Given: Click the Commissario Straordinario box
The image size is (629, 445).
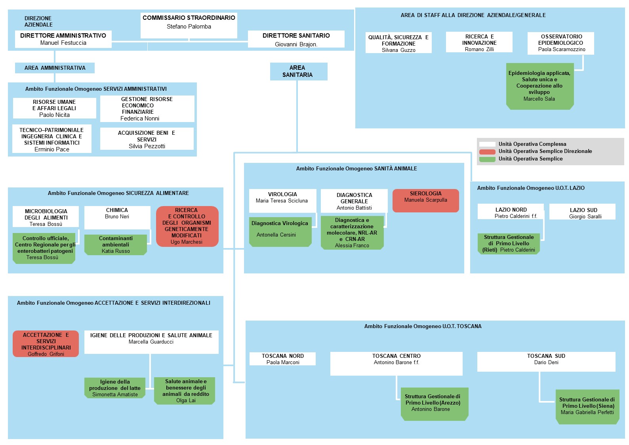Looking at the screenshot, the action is (189, 25).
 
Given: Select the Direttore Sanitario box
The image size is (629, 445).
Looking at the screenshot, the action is (296, 39).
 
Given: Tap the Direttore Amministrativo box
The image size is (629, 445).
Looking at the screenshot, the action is (63, 39).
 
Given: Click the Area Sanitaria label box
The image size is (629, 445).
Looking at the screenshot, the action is (299, 71).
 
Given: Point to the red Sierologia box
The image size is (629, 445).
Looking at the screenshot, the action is (426, 200).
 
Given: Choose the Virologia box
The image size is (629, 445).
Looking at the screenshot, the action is (282, 201).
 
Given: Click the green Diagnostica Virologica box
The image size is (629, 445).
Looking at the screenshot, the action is (280, 232).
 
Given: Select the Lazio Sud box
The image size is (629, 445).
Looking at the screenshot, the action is (582, 212).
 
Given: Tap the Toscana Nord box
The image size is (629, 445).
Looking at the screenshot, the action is (282, 359).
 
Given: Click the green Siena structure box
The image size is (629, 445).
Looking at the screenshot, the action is (587, 407).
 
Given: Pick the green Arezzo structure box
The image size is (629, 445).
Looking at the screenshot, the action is (435, 404).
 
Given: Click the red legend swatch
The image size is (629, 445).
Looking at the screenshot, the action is (487, 152).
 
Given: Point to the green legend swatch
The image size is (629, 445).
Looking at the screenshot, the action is (487, 159).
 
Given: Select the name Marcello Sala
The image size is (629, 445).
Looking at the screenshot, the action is (539, 99).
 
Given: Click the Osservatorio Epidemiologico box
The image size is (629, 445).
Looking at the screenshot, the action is (561, 43).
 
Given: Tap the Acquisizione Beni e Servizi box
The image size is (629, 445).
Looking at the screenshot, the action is (147, 139).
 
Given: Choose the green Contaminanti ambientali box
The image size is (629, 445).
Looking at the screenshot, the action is (116, 245).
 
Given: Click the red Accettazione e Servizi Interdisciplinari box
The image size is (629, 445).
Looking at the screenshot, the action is (46, 344).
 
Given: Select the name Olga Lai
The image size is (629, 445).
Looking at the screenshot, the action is (186, 400).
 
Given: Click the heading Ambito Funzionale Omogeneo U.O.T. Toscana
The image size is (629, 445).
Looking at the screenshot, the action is (423, 326).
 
